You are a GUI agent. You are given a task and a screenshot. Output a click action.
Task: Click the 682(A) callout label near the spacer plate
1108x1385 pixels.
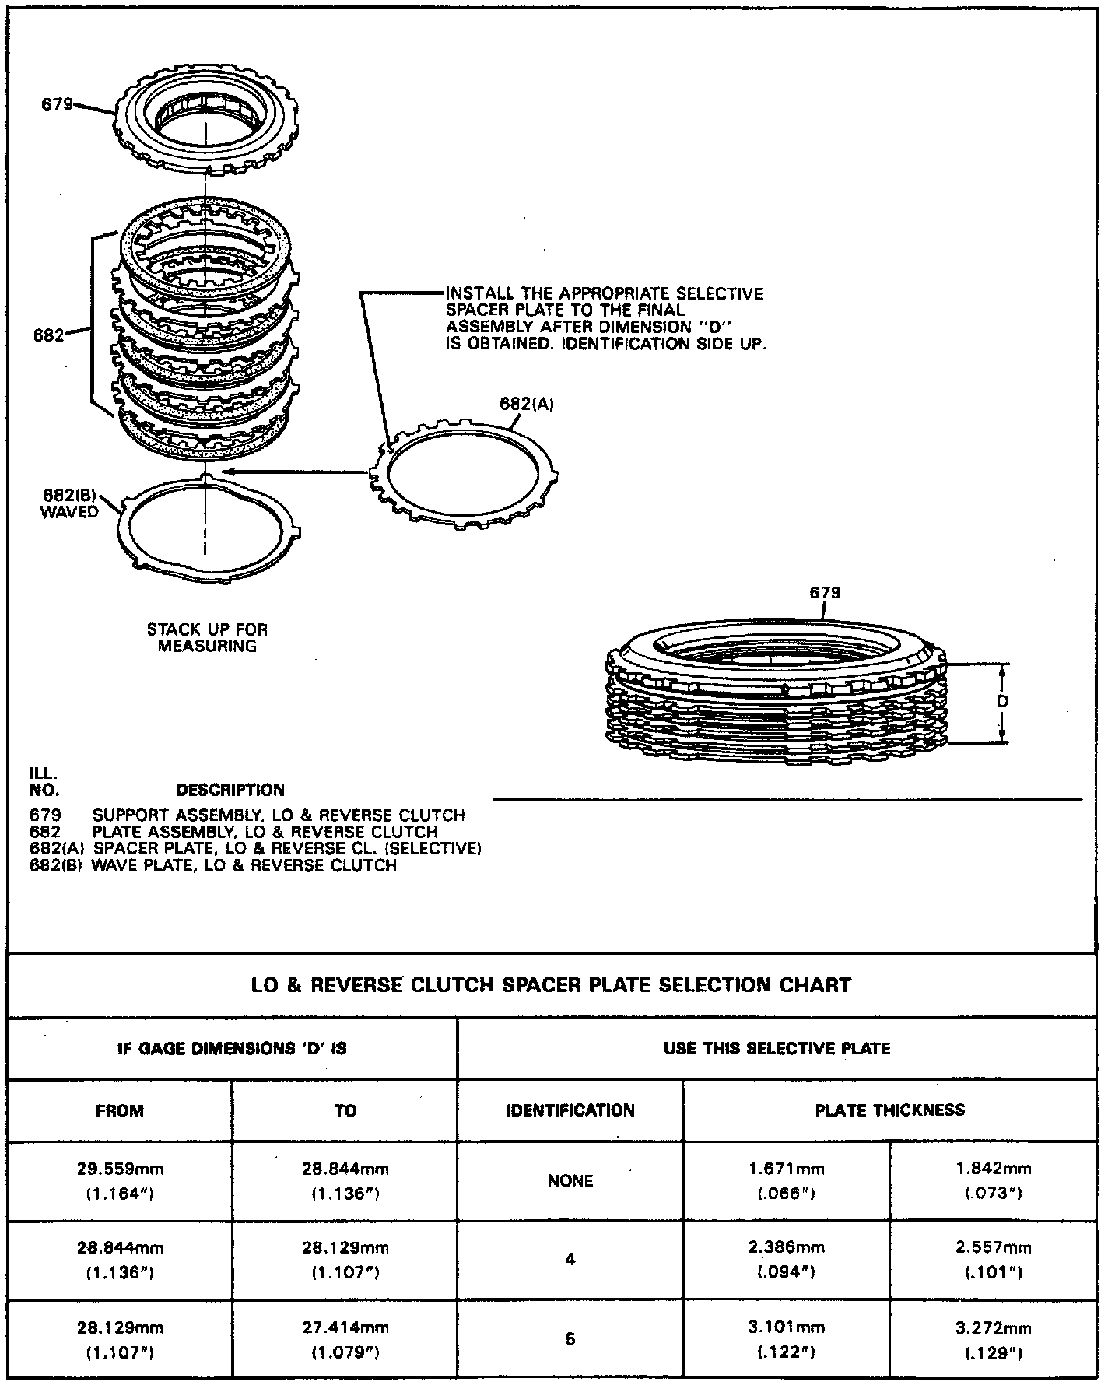click(x=526, y=404)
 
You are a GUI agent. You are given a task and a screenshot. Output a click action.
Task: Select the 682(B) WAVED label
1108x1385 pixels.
click(x=69, y=503)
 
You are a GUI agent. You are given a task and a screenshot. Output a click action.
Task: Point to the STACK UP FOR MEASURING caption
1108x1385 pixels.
click(x=207, y=637)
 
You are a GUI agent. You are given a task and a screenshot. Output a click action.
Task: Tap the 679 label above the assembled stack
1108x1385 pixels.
click(x=825, y=593)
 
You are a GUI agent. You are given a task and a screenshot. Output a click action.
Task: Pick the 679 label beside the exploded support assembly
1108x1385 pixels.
click(x=57, y=104)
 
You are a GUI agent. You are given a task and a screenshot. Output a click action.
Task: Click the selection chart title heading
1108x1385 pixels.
click(x=551, y=985)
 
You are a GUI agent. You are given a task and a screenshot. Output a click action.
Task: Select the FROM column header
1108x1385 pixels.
click(x=120, y=1111)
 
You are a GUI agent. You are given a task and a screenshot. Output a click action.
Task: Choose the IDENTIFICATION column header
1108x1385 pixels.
click(x=570, y=1111)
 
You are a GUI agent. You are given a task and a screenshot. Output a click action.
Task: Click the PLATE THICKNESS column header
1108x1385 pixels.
click(x=889, y=1110)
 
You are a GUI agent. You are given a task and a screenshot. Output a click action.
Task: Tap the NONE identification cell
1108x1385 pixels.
click(x=570, y=1181)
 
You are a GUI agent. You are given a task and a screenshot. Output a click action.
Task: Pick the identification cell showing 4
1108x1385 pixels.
click(x=570, y=1260)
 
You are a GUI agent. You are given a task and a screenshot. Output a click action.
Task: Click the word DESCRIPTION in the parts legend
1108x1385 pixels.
click(x=230, y=791)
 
